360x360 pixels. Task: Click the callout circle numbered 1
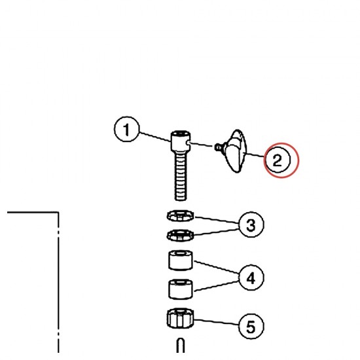click(x=126, y=129)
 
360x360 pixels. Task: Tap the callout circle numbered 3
click(x=251, y=225)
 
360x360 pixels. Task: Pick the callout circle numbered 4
click(x=251, y=278)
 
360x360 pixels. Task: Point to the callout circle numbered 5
click(x=251, y=326)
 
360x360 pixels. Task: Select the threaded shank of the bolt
click(x=181, y=175)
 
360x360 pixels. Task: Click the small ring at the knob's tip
click(x=217, y=147)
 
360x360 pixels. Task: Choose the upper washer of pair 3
click(x=180, y=215)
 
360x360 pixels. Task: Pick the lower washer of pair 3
click(x=180, y=236)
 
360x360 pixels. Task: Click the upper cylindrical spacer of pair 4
click(x=181, y=260)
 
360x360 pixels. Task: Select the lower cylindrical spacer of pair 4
click(x=181, y=289)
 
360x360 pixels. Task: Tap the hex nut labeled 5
click(x=180, y=318)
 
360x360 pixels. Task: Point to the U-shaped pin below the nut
click(x=181, y=345)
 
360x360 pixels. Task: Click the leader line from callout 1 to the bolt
click(x=155, y=137)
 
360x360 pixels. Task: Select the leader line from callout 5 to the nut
click(x=216, y=322)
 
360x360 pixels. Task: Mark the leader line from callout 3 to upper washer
click(x=217, y=220)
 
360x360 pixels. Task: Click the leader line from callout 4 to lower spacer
click(x=217, y=286)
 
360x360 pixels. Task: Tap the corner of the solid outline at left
click(x=58, y=212)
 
